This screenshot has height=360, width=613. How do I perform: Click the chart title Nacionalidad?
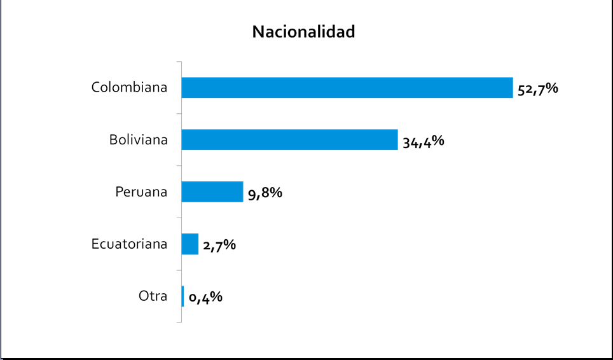[303, 32]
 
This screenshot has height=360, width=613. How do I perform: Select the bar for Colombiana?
[347, 88]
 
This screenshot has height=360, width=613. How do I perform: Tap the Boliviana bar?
[289, 140]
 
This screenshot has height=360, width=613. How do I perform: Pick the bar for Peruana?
[212, 192]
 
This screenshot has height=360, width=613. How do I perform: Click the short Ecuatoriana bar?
[190, 244]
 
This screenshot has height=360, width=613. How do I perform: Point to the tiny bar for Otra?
[183, 296]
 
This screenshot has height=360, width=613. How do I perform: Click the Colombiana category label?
[129, 87]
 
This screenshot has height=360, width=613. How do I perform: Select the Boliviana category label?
[138, 139]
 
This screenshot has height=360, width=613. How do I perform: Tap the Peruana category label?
[141, 191]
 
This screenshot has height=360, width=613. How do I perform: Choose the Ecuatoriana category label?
[129, 244]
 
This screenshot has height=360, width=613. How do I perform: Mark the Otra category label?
[153, 296]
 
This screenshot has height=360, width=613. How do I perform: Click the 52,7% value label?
[537, 89]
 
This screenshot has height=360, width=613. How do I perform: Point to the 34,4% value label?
[423, 141]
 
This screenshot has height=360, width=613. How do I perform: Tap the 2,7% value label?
[219, 245]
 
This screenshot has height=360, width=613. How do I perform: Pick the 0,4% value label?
[205, 297]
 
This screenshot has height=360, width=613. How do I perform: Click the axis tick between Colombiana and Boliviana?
[179, 114]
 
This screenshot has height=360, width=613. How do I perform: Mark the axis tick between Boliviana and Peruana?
[179, 166]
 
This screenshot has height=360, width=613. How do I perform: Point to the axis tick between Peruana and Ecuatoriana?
[179, 218]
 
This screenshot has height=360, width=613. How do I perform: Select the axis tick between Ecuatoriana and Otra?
[179, 270]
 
